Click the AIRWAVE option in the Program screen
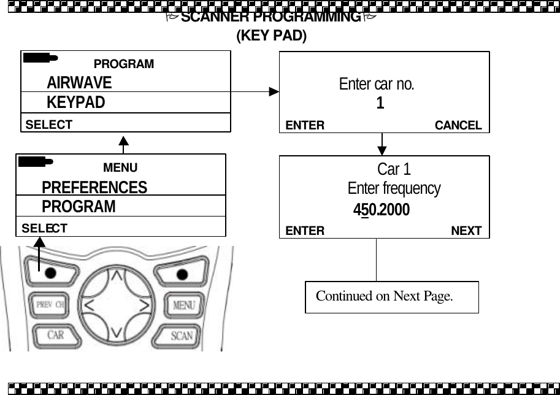tap(79, 83)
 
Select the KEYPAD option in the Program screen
tap(75, 102)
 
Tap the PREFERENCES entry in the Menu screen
tap(94, 187)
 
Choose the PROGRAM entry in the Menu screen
tap(79, 207)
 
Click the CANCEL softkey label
tap(458, 126)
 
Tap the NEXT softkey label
tap(466, 231)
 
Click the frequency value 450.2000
tap(382, 210)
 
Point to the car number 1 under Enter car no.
tap(380, 104)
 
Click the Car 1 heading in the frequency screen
tap(394, 169)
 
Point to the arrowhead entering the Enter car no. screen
tap(274, 92)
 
